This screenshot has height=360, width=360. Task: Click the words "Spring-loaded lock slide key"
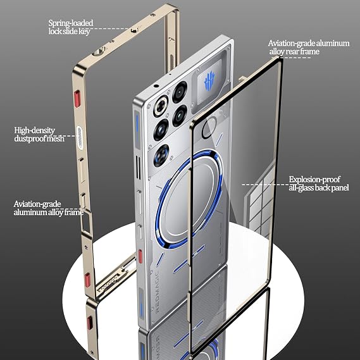click(x=71, y=27)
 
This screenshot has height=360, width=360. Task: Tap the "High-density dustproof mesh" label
click(x=39, y=134)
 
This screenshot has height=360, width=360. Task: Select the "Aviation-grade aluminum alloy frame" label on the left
click(x=49, y=208)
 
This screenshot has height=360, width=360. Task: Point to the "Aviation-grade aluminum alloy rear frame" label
click(x=309, y=47)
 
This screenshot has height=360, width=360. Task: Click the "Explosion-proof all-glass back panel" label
click(x=319, y=183)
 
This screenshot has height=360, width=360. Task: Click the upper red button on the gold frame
click(x=77, y=99)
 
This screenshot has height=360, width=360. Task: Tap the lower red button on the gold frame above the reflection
click(x=87, y=280)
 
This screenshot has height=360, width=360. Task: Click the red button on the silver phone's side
click(x=140, y=256)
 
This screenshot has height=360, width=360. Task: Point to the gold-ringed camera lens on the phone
click(x=161, y=106)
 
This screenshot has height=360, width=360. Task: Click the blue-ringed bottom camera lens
click(x=161, y=155)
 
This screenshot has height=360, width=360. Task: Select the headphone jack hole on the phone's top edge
click(x=156, y=86)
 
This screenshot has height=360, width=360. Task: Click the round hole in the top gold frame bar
click(x=99, y=51)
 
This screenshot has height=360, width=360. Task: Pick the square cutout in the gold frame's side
click(x=87, y=222)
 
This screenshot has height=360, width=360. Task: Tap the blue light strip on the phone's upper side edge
click(x=137, y=124)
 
